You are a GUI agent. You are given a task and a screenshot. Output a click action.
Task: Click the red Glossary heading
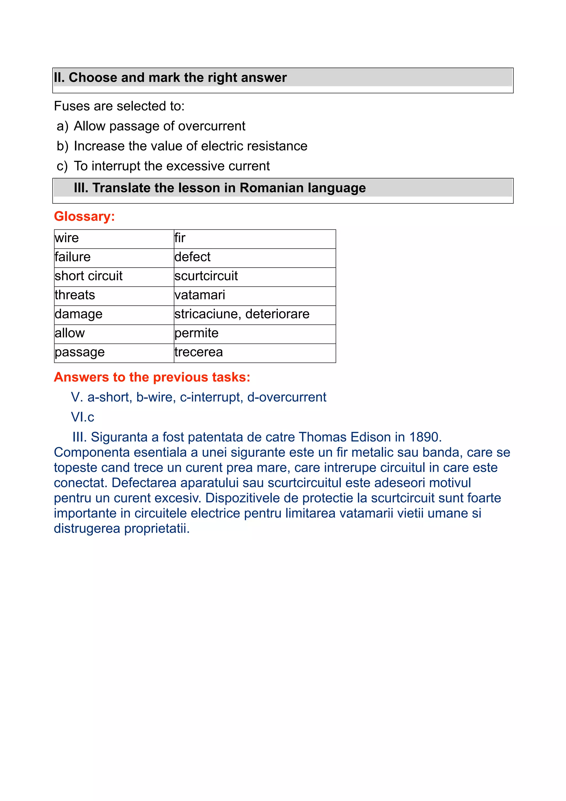click(84, 216)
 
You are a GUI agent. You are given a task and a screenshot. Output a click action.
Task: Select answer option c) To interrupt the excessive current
click(171, 166)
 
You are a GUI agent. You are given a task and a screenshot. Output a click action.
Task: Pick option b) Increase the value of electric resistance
click(190, 146)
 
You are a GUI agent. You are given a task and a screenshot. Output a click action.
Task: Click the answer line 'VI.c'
click(83, 417)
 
